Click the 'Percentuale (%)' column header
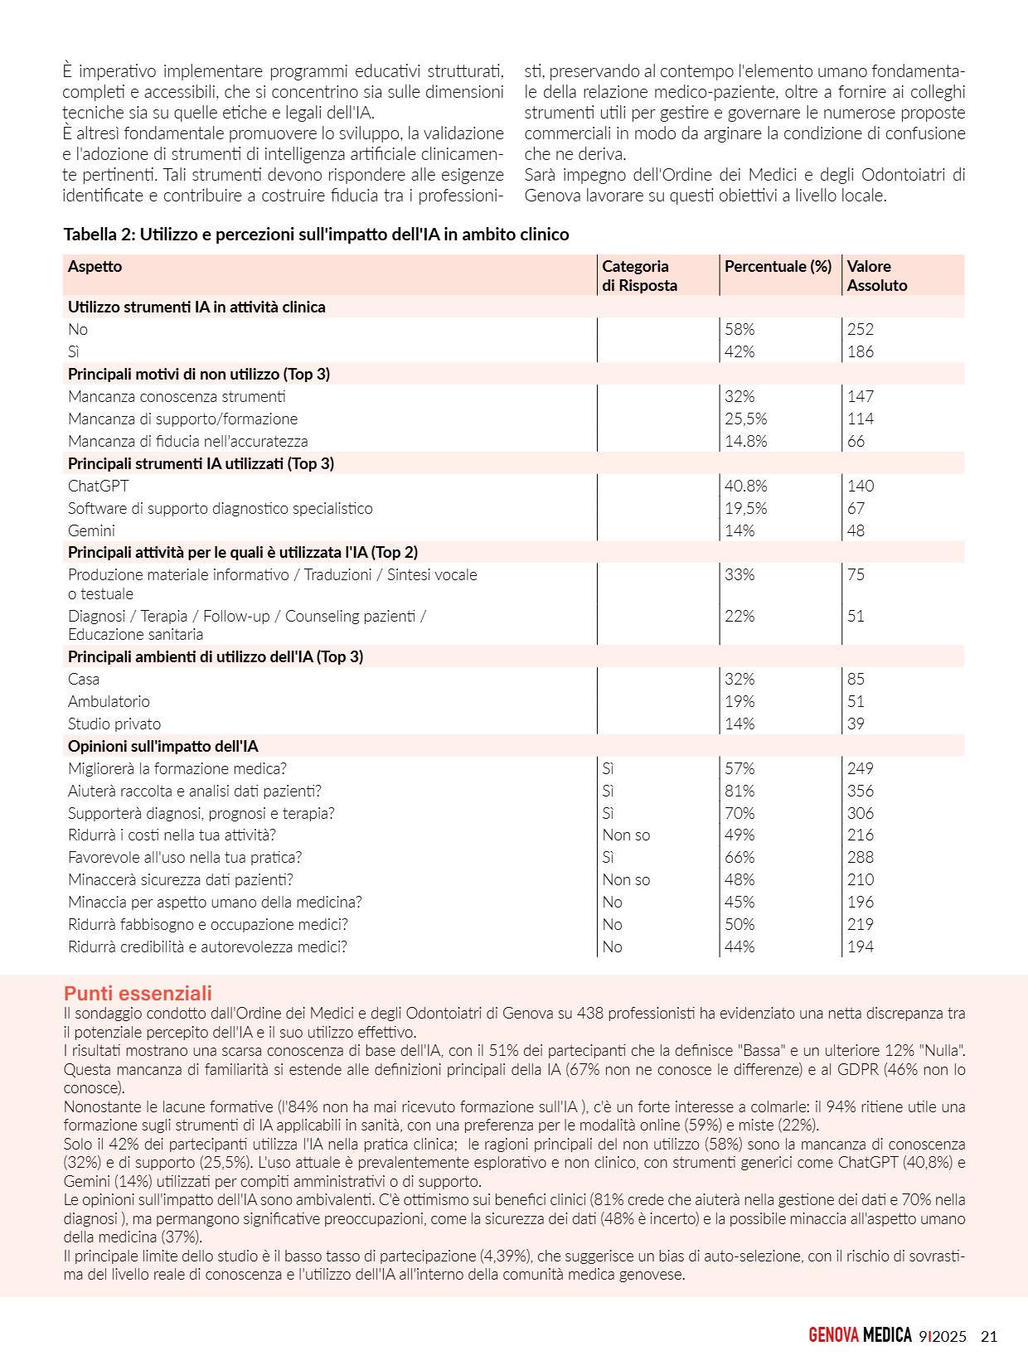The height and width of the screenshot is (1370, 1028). (778, 266)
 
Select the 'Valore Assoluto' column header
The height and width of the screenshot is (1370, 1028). (876, 275)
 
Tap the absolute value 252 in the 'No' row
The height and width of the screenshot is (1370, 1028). (860, 329)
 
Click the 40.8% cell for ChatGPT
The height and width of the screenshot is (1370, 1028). (745, 486)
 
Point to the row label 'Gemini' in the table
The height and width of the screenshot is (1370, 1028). (91, 530)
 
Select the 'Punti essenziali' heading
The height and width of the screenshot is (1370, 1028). (138, 993)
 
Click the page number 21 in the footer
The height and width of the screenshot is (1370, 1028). (988, 1336)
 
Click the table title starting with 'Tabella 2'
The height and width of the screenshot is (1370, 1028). (316, 235)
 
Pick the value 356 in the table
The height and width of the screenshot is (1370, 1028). (860, 791)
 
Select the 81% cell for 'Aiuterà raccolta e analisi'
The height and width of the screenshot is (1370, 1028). (739, 791)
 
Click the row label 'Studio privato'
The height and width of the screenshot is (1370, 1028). (114, 724)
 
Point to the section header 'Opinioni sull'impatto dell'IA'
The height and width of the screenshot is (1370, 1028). (162, 746)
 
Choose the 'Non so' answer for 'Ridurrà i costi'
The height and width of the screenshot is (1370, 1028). (626, 835)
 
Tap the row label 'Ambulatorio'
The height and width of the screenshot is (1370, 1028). (109, 701)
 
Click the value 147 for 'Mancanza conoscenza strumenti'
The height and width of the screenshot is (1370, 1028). (860, 396)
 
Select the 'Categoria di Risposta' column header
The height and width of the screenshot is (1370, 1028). (638, 275)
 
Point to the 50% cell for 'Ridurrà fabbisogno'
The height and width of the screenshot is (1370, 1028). (739, 924)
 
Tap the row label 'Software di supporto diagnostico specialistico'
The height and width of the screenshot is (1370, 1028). (220, 508)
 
